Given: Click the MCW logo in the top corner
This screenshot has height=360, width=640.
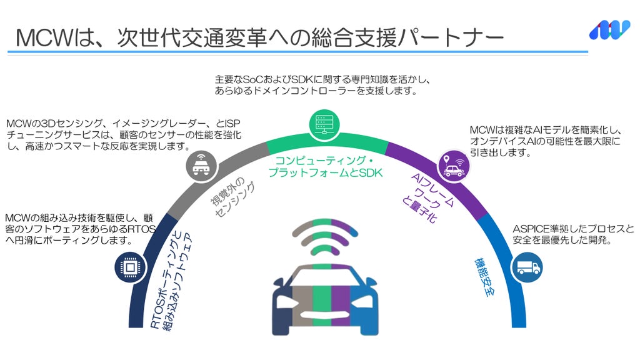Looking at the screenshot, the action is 609,30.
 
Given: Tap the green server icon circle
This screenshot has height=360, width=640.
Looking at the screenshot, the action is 324,124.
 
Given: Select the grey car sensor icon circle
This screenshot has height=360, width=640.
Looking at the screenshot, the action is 201,166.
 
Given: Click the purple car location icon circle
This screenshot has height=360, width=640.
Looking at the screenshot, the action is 453,166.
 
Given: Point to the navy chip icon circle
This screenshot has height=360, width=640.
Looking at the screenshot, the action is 131,267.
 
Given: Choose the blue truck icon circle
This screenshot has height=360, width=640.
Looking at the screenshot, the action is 527,267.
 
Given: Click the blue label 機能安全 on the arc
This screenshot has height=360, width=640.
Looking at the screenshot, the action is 485,277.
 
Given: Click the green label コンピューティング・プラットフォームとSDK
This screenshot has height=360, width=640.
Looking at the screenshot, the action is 325,166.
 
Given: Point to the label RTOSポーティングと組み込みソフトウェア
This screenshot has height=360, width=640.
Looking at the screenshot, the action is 171,281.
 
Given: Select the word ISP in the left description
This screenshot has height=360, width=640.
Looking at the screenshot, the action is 232,123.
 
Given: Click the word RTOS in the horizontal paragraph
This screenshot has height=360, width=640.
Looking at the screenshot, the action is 142,229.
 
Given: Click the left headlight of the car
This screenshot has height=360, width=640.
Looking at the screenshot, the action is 287,302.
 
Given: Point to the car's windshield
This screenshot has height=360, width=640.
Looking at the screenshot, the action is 325,274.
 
